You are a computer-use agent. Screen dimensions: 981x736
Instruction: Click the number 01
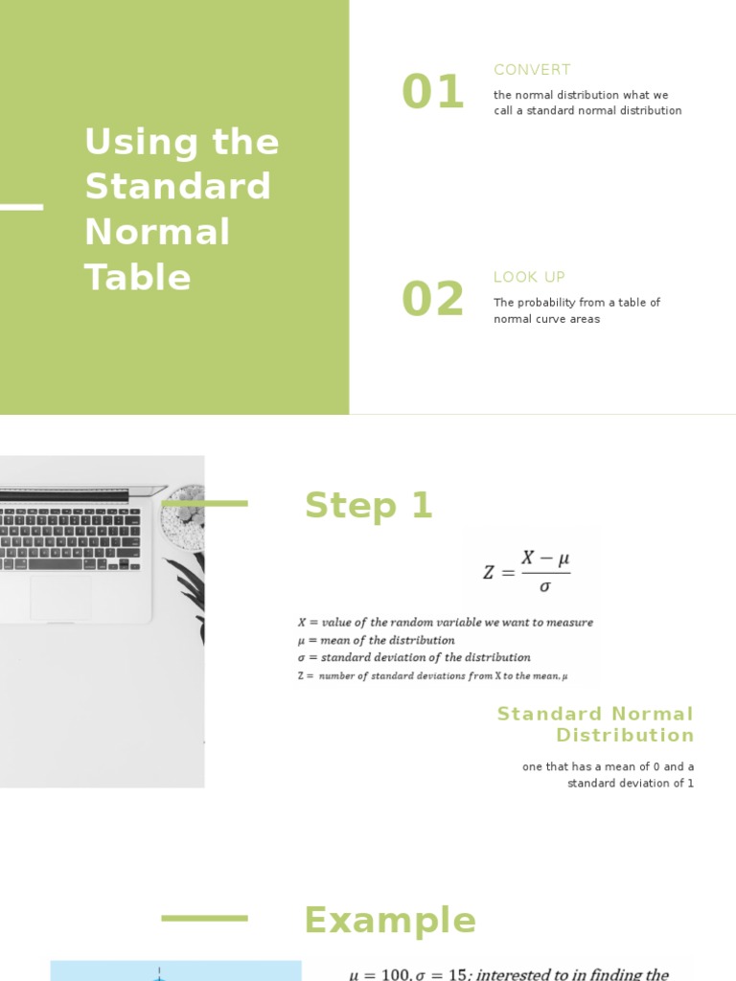433,93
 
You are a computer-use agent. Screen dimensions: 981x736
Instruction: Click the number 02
433,300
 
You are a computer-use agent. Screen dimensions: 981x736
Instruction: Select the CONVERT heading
532,70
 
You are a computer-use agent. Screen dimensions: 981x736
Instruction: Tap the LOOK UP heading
529,277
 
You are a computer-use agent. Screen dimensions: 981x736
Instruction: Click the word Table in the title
138,278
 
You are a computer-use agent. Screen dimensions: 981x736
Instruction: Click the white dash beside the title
21,207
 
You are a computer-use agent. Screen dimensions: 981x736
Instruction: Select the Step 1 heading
369,506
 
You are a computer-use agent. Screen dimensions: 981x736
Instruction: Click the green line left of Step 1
205,503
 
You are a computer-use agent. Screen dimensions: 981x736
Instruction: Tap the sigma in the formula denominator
544,586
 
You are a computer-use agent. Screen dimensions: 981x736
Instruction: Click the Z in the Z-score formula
490,573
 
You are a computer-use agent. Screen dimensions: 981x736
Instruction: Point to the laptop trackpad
60,598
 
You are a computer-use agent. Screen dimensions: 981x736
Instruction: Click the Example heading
389,921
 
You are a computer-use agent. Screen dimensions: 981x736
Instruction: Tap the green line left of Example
204,918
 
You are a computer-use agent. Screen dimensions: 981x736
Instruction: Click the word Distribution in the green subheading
625,736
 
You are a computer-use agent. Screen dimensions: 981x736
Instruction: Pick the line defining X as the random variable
446,623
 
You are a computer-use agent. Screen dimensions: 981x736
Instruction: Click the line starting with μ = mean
377,640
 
